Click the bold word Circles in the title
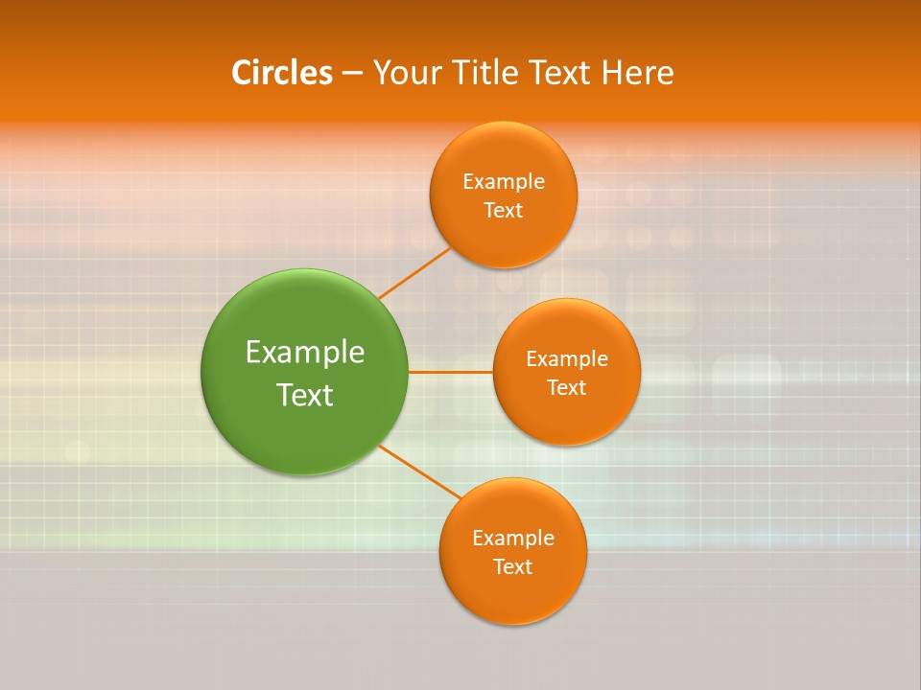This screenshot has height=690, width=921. click(282, 73)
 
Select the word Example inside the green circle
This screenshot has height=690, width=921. click(305, 353)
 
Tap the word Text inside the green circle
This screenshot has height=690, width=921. click(305, 395)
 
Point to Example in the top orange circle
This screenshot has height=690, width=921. click(504, 182)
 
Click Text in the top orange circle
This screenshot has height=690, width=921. click(503, 211)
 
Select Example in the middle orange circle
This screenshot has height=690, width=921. click(567, 359)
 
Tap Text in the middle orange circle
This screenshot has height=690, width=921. click(567, 388)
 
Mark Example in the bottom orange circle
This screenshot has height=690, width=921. click(513, 539)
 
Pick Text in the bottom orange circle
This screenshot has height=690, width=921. click(512, 567)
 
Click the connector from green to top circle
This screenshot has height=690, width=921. click(414, 273)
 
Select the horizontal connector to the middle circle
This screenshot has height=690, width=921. click(450, 372)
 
